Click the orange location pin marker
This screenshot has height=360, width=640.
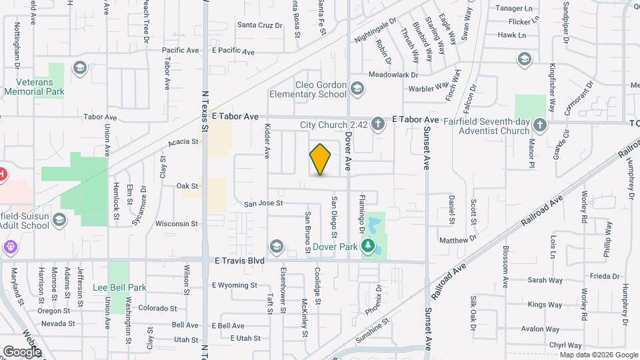pos(321,159)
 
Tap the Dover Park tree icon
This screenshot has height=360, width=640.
pos(367,247)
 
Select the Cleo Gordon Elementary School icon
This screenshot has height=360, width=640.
pos(357,89)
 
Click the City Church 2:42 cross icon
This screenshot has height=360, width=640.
pos(378,123)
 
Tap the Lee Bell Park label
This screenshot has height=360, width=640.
pos(119,288)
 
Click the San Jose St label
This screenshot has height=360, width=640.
pos(263,203)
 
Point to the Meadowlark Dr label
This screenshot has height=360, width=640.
pos(393,75)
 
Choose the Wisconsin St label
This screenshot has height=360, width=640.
pos(177,224)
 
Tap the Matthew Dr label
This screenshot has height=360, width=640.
pos(458,239)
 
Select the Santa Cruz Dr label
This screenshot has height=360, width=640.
pos(260,25)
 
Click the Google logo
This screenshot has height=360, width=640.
pos(22,351)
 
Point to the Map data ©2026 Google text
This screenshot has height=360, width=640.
pos(598,355)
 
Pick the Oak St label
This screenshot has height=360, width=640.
pos(187,186)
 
